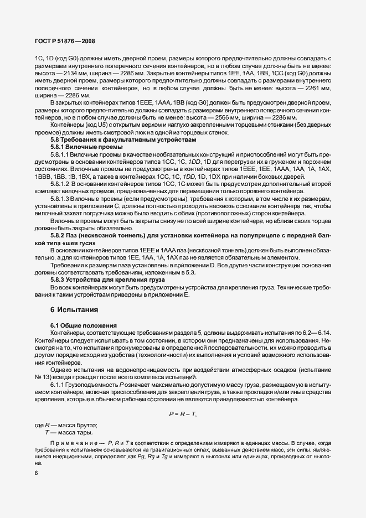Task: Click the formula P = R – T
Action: coord(182,415)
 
